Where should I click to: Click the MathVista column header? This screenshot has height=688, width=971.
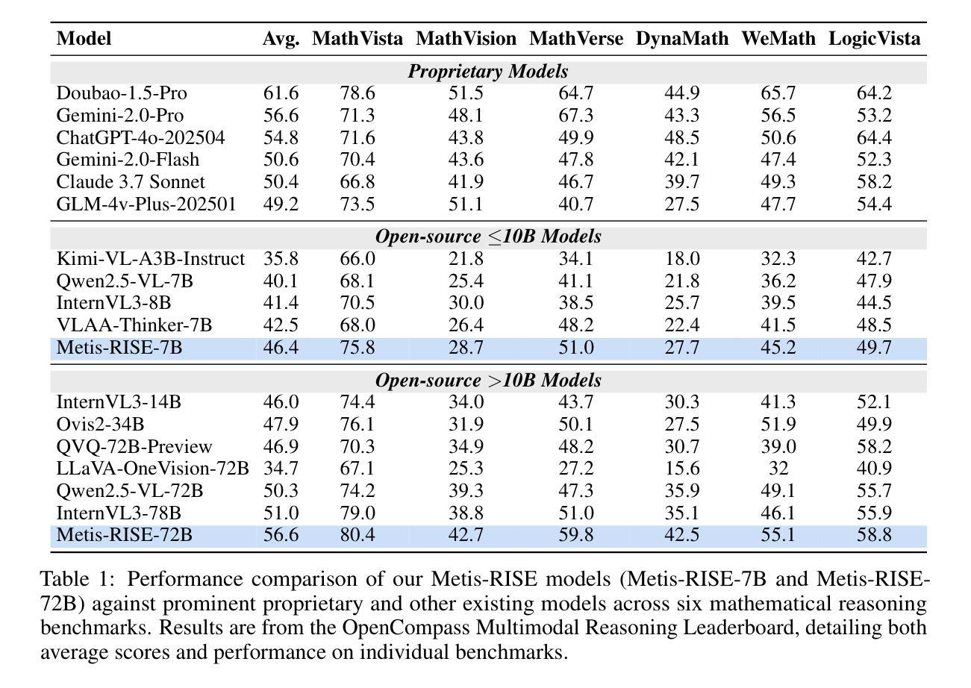pyautogui.click(x=358, y=39)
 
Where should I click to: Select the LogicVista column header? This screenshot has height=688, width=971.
pyautogui.click(x=874, y=39)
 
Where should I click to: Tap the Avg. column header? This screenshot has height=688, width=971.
pyautogui.click(x=281, y=39)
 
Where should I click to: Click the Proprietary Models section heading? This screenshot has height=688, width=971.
pyautogui.click(x=487, y=72)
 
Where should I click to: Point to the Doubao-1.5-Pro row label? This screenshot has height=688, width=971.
pyautogui.click(x=122, y=93)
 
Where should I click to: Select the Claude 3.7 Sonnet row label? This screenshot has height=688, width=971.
pyautogui.click(x=131, y=181)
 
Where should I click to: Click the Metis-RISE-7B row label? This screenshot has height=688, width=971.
pyautogui.click(x=119, y=348)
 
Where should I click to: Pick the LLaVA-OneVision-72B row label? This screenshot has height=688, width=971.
pyautogui.click(x=152, y=468)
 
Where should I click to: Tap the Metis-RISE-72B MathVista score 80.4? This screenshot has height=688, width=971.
pyautogui.click(x=358, y=534)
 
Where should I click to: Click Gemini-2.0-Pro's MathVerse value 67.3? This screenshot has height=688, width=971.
pyautogui.click(x=575, y=116)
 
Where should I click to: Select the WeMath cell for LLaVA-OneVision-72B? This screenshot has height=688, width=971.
pyautogui.click(x=778, y=468)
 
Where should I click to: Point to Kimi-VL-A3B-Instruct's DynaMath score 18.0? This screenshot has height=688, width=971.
pyautogui.click(x=682, y=259)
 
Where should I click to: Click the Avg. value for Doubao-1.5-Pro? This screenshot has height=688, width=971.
pyautogui.click(x=281, y=93)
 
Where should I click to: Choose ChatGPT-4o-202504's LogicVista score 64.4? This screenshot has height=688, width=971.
pyautogui.click(x=874, y=138)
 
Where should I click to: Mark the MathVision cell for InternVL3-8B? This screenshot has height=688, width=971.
pyautogui.click(x=466, y=303)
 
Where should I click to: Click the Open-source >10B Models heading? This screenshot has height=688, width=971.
pyautogui.click(x=488, y=381)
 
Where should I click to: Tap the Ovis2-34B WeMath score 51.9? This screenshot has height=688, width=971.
pyautogui.click(x=778, y=424)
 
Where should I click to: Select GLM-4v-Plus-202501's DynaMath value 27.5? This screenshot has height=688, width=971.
pyautogui.click(x=682, y=204)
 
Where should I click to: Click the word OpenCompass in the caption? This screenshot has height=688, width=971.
pyautogui.click(x=406, y=628)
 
